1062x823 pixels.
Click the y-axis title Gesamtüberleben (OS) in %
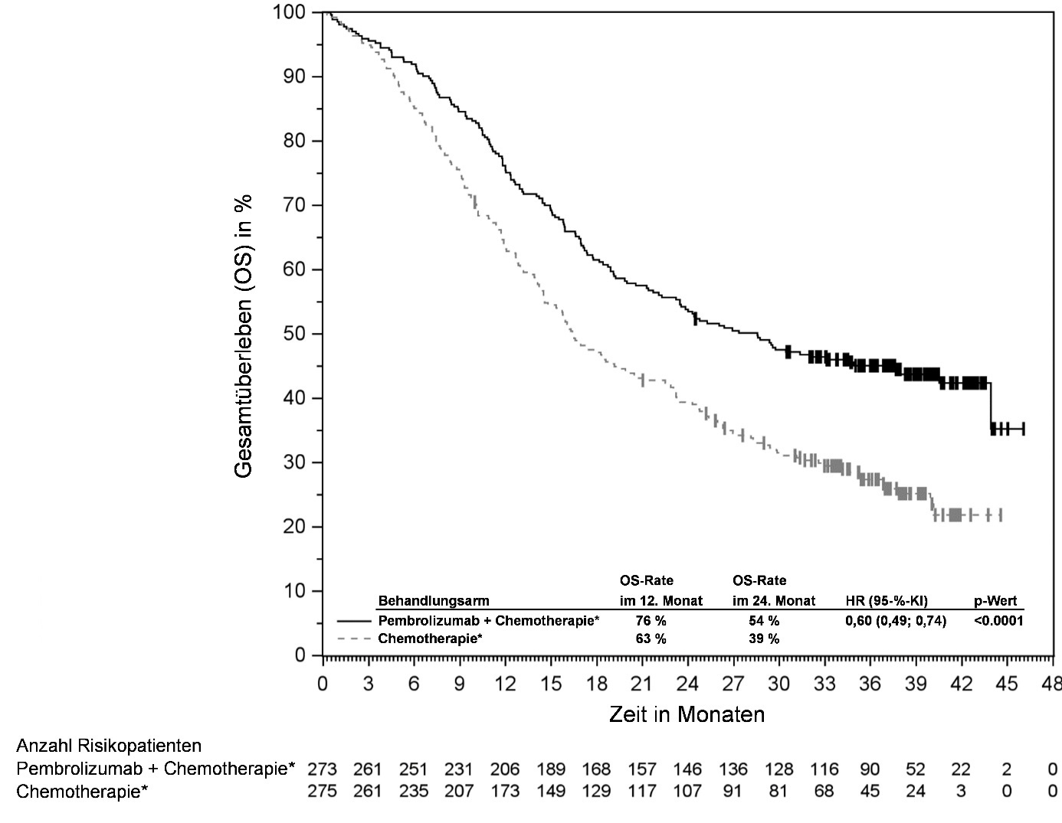coord(244,335)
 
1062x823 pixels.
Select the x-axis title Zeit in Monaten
coord(687,714)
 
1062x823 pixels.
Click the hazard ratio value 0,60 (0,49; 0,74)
coord(895,621)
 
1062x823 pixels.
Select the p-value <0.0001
coord(998,621)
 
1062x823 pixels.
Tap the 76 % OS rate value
coord(651,621)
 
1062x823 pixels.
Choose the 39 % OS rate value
coord(764,638)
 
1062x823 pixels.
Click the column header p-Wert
coord(995,601)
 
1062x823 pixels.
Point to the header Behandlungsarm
coord(433,601)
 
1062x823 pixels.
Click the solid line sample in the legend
coord(353,621)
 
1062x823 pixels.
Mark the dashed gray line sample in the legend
coord(353,638)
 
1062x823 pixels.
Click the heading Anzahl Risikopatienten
coord(109,746)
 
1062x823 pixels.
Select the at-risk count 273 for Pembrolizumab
coord(322,769)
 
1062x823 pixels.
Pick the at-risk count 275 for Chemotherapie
coord(322,791)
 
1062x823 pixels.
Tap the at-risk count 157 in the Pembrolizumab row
coord(641,769)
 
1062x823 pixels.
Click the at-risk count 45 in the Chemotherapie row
coord(870,791)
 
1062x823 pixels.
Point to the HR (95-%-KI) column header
coord(887,601)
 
